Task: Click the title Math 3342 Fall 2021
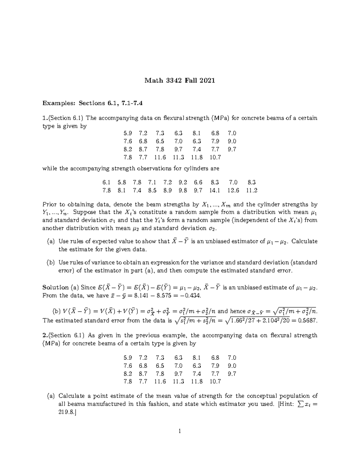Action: [180, 80]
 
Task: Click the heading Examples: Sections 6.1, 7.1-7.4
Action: [93, 103]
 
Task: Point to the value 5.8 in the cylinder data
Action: [122, 182]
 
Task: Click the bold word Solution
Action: [55, 287]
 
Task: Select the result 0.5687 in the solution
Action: [307, 320]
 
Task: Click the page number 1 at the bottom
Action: [180, 431]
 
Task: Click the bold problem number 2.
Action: [44, 335]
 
